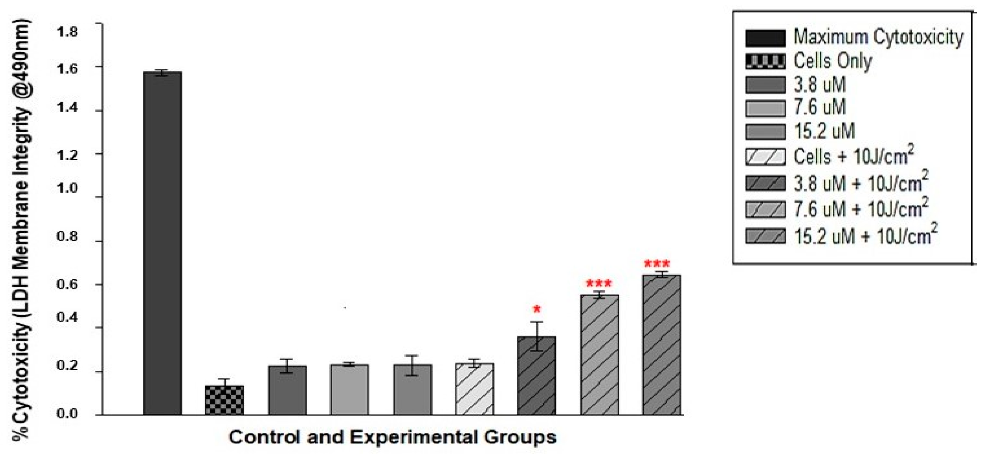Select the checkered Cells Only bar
[224, 400]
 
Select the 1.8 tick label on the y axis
[67, 32]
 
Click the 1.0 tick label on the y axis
[67, 188]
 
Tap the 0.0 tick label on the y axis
[67, 414]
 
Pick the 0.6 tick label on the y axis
[67, 284]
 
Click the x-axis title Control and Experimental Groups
[392, 437]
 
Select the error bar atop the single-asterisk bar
[536, 336]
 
